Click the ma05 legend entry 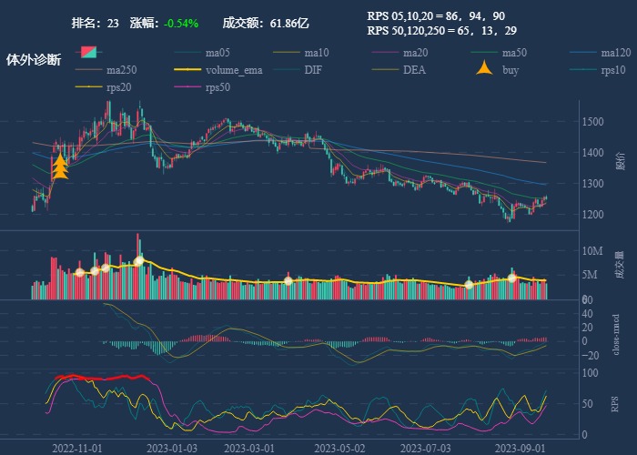[x=217, y=52]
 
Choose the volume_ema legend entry [x=234, y=70]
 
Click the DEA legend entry [x=414, y=70]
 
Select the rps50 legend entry [x=217, y=88]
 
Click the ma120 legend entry [x=616, y=52]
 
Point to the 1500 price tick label [x=594, y=121]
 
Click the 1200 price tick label [x=594, y=215]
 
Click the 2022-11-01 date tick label [x=76, y=448]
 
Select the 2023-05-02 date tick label [x=339, y=448]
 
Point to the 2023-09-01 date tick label [x=520, y=448]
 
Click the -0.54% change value [x=182, y=23]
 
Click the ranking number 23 [x=113, y=23]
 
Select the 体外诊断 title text [x=34, y=60]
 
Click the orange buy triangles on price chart [x=61, y=167]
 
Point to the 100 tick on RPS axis [x=591, y=373]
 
